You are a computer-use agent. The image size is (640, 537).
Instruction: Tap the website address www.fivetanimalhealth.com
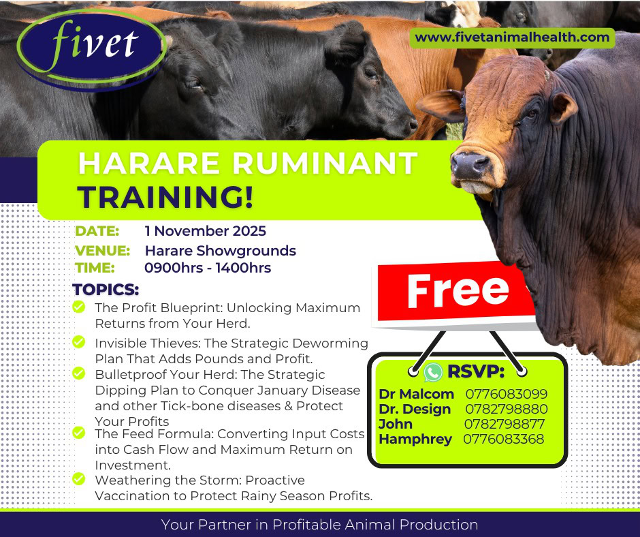click(x=512, y=37)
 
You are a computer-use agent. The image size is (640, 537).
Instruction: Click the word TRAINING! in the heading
click(x=165, y=198)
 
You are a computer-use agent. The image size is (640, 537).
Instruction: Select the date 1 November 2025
click(x=206, y=231)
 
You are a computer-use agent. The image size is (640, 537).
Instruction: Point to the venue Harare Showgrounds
click(x=221, y=251)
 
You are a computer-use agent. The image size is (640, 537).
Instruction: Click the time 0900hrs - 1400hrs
click(x=208, y=268)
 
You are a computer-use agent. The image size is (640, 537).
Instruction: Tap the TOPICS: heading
click(x=106, y=290)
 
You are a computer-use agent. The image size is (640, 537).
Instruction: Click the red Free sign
click(x=456, y=292)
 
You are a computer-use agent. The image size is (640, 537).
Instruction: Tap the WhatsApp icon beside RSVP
click(x=433, y=372)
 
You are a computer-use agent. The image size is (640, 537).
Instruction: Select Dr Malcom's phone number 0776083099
click(x=506, y=394)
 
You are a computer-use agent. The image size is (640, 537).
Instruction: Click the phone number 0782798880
click(x=506, y=409)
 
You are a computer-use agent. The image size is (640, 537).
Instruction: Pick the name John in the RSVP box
click(x=396, y=424)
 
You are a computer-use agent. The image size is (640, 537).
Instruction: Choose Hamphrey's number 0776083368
click(x=504, y=440)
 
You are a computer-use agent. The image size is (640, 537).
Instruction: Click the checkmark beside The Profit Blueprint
click(x=79, y=307)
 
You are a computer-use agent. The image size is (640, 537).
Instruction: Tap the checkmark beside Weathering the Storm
click(x=79, y=479)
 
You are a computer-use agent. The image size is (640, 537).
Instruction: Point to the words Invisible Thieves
click(x=147, y=343)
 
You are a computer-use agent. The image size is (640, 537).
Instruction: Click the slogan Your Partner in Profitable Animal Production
click(x=319, y=524)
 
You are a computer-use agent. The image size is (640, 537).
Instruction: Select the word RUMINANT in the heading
click(x=325, y=163)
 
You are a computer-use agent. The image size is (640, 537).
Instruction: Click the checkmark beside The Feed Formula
click(x=79, y=432)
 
